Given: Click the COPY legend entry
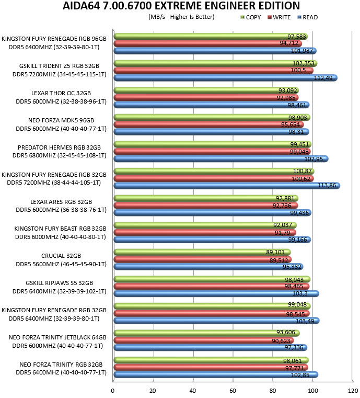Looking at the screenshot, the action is (250, 17).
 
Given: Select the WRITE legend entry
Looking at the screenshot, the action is (279, 17).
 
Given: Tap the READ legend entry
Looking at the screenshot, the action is (308, 17).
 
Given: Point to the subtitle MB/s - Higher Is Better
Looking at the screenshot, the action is (181, 17).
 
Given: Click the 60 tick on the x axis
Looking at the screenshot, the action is (233, 391).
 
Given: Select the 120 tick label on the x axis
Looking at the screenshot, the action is (353, 391).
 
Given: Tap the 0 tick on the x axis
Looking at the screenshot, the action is (112, 391).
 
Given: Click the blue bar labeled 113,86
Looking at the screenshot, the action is (227, 186).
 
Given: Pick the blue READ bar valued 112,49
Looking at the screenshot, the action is (225, 78).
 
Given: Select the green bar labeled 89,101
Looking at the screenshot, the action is (202, 252).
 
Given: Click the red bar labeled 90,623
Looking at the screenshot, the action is (204, 340).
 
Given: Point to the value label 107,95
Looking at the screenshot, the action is (313, 159).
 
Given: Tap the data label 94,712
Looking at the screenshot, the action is (289, 43).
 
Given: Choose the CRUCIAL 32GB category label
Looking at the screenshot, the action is (61, 256).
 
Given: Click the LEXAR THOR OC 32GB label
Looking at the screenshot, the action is (61, 93).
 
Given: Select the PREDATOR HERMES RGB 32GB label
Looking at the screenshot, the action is (59, 147).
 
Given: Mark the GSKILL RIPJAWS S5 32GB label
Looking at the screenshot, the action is (60, 283).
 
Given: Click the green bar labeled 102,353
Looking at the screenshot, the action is (215, 63).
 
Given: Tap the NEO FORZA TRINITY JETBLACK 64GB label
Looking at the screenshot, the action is (57, 337).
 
